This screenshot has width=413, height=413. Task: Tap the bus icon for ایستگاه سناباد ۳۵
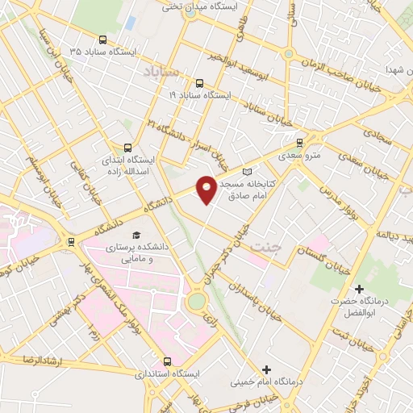[102, 40]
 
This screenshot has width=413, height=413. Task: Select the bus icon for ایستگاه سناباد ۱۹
[199, 81]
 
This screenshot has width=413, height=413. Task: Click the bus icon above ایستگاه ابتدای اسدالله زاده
[128, 147]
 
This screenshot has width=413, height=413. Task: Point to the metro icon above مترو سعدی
[299, 140]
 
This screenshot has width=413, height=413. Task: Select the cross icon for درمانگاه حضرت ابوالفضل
[360, 288]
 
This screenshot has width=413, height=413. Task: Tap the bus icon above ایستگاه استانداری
[168, 361]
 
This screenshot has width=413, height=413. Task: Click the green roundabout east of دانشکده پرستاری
[196, 302]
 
